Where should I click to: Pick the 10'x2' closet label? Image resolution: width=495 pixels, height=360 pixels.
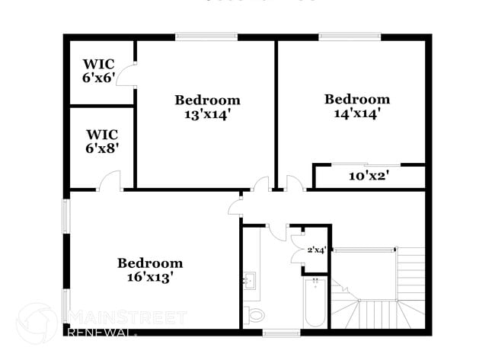click(x=369, y=176)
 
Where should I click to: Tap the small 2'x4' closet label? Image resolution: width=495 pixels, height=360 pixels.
click(x=316, y=249)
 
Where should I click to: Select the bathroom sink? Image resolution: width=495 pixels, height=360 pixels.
click(x=250, y=282)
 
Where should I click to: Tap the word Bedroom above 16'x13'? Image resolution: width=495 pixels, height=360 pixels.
click(x=150, y=263)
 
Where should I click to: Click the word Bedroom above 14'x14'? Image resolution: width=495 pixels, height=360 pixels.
click(x=356, y=99)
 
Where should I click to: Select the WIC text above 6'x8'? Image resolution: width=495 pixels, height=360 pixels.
click(x=101, y=135)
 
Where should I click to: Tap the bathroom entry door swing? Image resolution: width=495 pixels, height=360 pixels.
click(x=276, y=231)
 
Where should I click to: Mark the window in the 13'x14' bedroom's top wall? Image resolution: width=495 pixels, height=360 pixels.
click(x=206, y=36)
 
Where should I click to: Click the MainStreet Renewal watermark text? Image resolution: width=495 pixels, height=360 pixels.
click(x=126, y=318)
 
